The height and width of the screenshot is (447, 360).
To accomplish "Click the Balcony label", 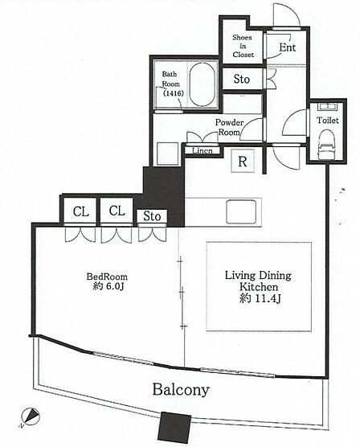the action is [x=181, y=390].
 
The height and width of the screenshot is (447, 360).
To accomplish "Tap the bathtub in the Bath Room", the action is [x=202, y=84].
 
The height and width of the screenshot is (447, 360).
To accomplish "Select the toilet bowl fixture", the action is [x=327, y=145].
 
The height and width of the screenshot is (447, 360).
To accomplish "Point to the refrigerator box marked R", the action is [x=243, y=161].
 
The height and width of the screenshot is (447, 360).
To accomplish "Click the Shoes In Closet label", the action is [x=243, y=46].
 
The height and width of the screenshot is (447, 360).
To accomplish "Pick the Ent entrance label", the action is [x=288, y=47].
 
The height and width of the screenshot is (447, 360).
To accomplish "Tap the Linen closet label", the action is [x=202, y=151].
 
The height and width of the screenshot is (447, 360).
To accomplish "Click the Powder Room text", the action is [x=229, y=127].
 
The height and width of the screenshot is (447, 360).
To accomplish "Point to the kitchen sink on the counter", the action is [x=241, y=211].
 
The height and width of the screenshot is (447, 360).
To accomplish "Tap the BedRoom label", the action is [x=107, y=277].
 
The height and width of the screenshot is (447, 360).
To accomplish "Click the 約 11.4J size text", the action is [x=260, y=298].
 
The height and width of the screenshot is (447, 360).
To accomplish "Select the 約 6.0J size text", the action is [x=108, y=286].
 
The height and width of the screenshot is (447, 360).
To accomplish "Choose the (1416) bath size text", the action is [x=173, y=93].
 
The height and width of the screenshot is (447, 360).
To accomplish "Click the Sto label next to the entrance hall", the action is [x=241, y=79].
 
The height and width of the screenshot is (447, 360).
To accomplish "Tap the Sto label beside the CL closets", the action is [x=152, y=216].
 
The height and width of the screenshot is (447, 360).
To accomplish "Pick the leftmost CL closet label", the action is [x=80, y=211].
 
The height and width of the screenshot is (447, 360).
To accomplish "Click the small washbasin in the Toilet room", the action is [x=328, y=107].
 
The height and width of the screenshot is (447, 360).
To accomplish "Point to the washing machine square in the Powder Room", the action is [x=168, y=154].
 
